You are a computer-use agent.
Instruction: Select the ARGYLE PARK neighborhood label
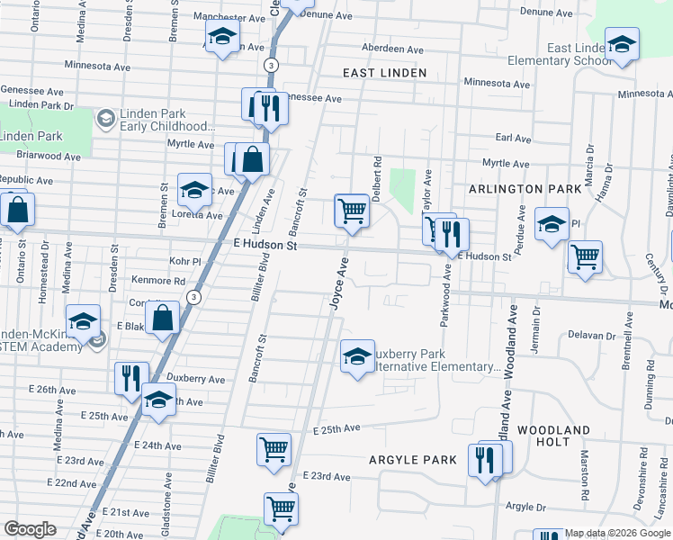pyautogui.click(x=413, y=460)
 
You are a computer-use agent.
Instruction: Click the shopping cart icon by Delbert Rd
pyautogui.click(x=353, y=211)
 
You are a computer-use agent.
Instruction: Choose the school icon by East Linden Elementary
pyautogui.click(x=621, y=44)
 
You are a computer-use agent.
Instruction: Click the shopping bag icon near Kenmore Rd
pyautogui.click(x=163, y=318)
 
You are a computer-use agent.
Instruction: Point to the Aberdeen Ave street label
pyautogui.click(x=391, y=49)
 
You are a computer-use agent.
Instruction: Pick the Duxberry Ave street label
pyautogui.click(x=195, y=379)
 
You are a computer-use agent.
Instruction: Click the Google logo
pyautogui.click(x=30, y=529)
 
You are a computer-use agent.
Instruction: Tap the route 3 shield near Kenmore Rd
pyautogui.click(x=193, y=297)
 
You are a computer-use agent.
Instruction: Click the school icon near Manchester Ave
pyautogui.click(x=220, y=39)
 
